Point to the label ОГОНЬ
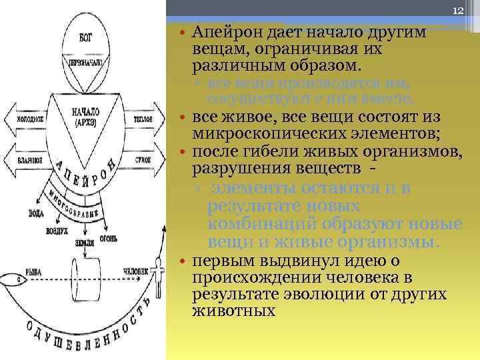[x=111, y=238]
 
